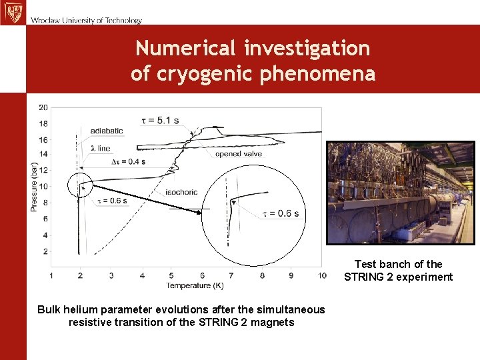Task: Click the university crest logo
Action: coord(12,13)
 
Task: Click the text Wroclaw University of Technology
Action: coord(86,20)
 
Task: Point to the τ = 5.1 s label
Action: coord(160,120)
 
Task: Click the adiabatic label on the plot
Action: coord(107,131)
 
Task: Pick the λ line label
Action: coord(101,148)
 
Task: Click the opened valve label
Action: coord(238,154)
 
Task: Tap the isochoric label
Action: coord(181,192)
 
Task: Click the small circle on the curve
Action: coord(81,185)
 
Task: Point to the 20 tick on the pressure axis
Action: coord(43,107)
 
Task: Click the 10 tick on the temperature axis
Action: coord(322,275)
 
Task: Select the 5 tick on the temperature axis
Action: coord(171,275)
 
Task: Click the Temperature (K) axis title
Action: coord(186,285)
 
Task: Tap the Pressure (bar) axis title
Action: coord(33,187)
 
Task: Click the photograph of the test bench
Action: coord(400,193)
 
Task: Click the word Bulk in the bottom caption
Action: coord(49,309)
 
